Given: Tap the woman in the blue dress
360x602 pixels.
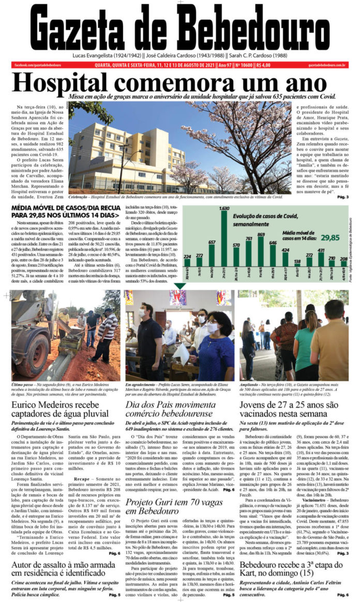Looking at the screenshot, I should point(213,347).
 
